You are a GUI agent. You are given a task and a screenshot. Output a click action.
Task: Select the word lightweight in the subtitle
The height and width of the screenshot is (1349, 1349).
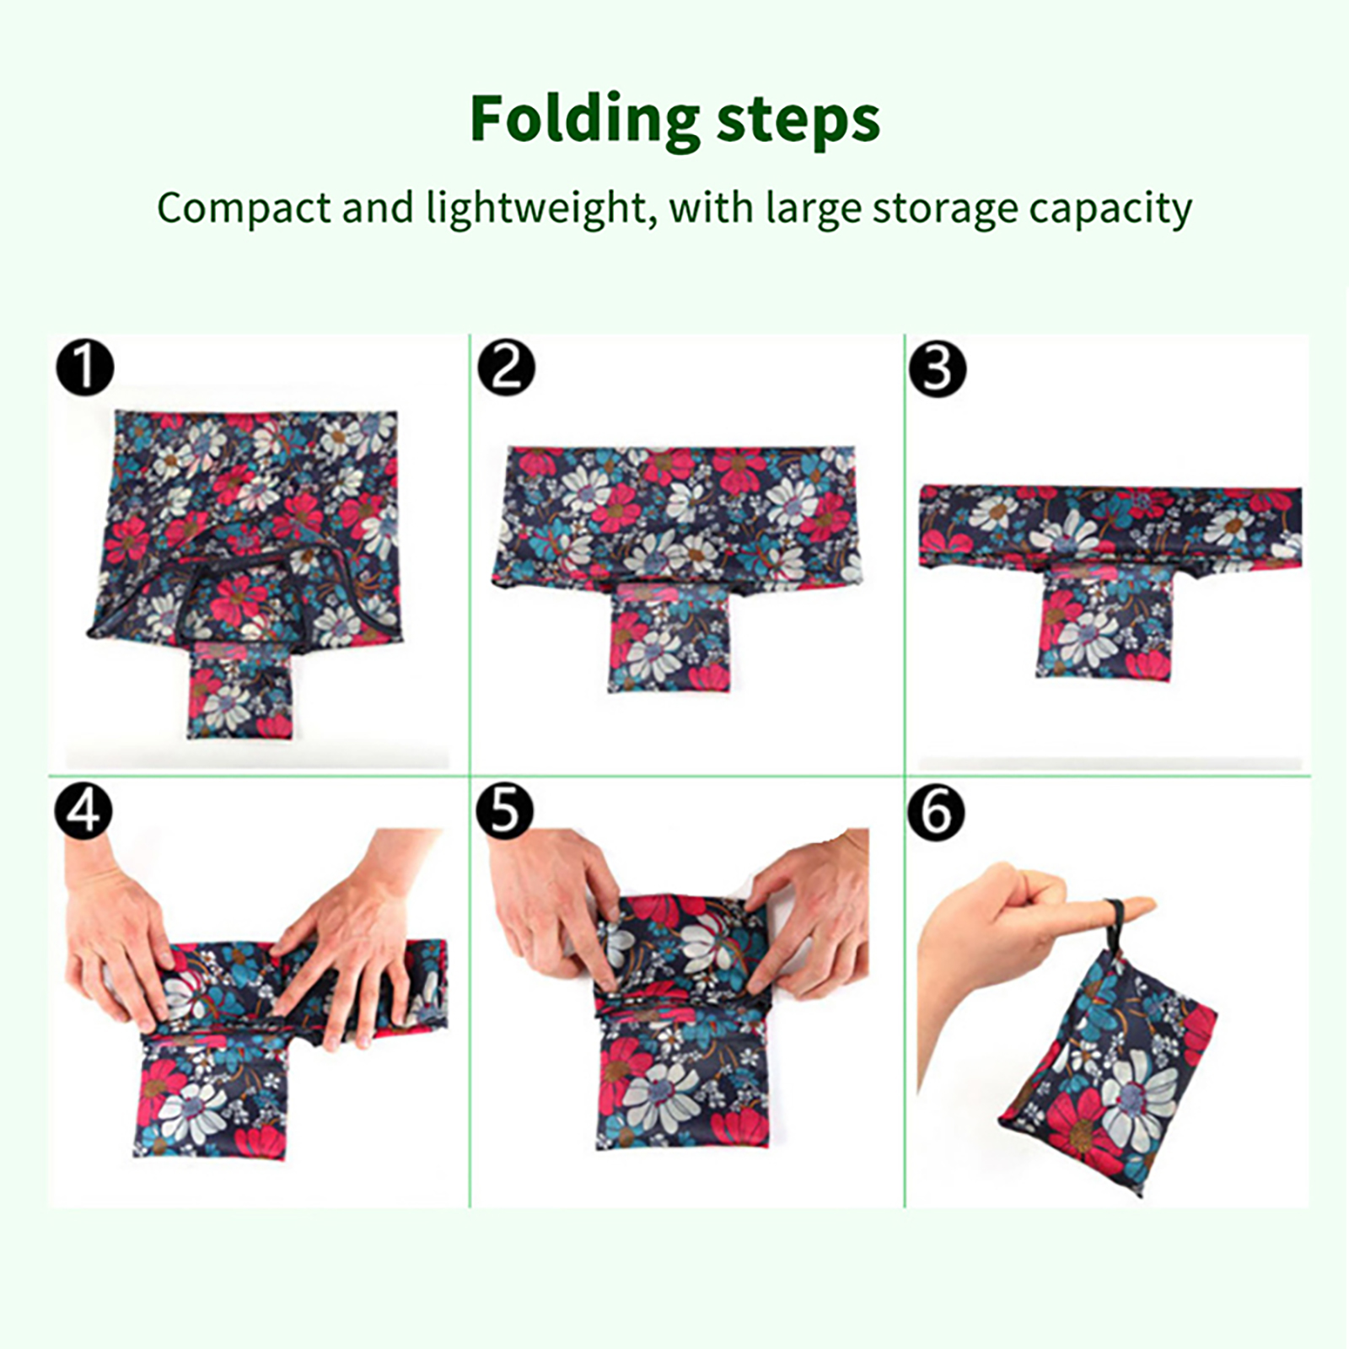pyautogui.click(x=537, y=209)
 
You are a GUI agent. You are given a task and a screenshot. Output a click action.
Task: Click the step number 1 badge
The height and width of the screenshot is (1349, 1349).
pyautogui.click(x=84, y=367)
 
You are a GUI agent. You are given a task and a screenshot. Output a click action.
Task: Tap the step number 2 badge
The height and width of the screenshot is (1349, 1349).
pyautogui.click(x=506, y=368)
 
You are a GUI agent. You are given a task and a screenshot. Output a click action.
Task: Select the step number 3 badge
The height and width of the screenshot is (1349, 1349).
pyautogui.click(x=937, y=368)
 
